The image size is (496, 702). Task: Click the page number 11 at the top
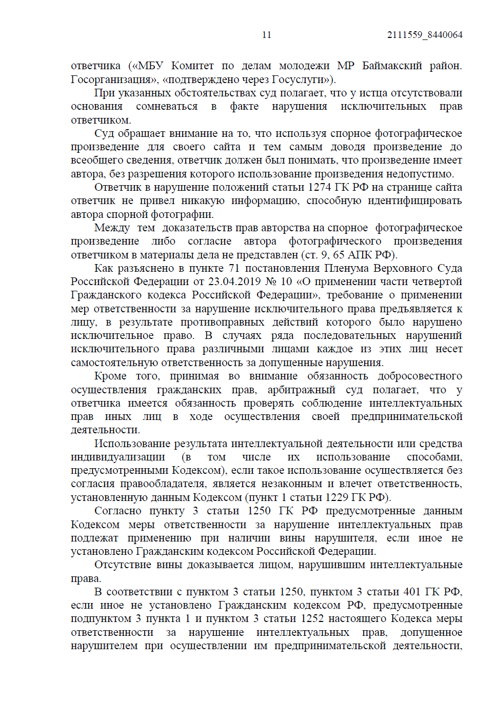pos(266,35)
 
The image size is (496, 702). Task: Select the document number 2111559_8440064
pos(425,35)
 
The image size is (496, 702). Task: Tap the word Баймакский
pos(392,66)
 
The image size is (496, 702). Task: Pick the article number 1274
pos(320,187)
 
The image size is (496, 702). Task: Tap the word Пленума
pos(345,268)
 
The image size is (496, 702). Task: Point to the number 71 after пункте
pos(234,268)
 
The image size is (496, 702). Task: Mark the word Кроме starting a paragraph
pos(110,376)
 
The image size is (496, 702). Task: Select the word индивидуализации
pos(118,457)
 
